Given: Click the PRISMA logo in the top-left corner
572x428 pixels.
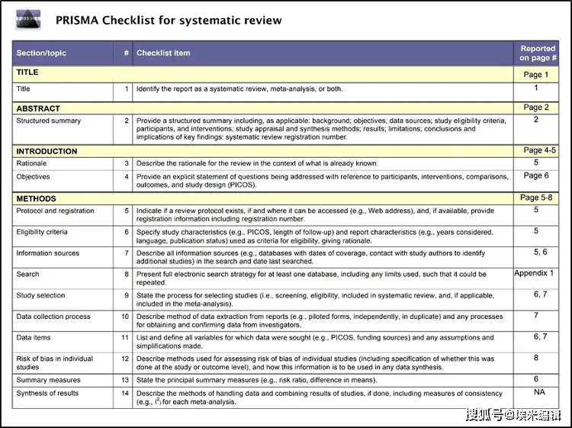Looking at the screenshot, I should pos(30,19).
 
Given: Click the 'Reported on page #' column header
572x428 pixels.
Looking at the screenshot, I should pos(538,53).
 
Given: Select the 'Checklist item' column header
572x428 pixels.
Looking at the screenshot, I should pos(163,53).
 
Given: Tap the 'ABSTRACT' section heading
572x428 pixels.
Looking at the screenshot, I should pos(38,108).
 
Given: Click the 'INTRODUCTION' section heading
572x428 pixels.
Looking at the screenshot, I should pos(47,151).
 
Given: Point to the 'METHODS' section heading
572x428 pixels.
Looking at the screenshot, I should pos(36,198).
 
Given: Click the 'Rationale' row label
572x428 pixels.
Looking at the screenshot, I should pos(31,163).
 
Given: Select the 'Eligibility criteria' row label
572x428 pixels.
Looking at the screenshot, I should pos(42,232).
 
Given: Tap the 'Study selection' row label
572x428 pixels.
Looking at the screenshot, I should pos(40,295).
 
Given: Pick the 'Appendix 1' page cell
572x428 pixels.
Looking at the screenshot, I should pos(534,273).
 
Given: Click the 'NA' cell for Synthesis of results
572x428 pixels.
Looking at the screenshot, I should pos(539,392).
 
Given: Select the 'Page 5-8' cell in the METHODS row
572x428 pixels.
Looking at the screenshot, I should pos(538,198).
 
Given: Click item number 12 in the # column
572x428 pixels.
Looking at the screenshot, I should pos(126,359).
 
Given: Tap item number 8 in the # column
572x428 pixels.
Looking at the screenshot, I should pos(127,274).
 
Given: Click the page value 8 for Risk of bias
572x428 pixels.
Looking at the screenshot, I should pos(536,357).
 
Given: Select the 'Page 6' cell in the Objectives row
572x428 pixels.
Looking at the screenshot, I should pos(536,175).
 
